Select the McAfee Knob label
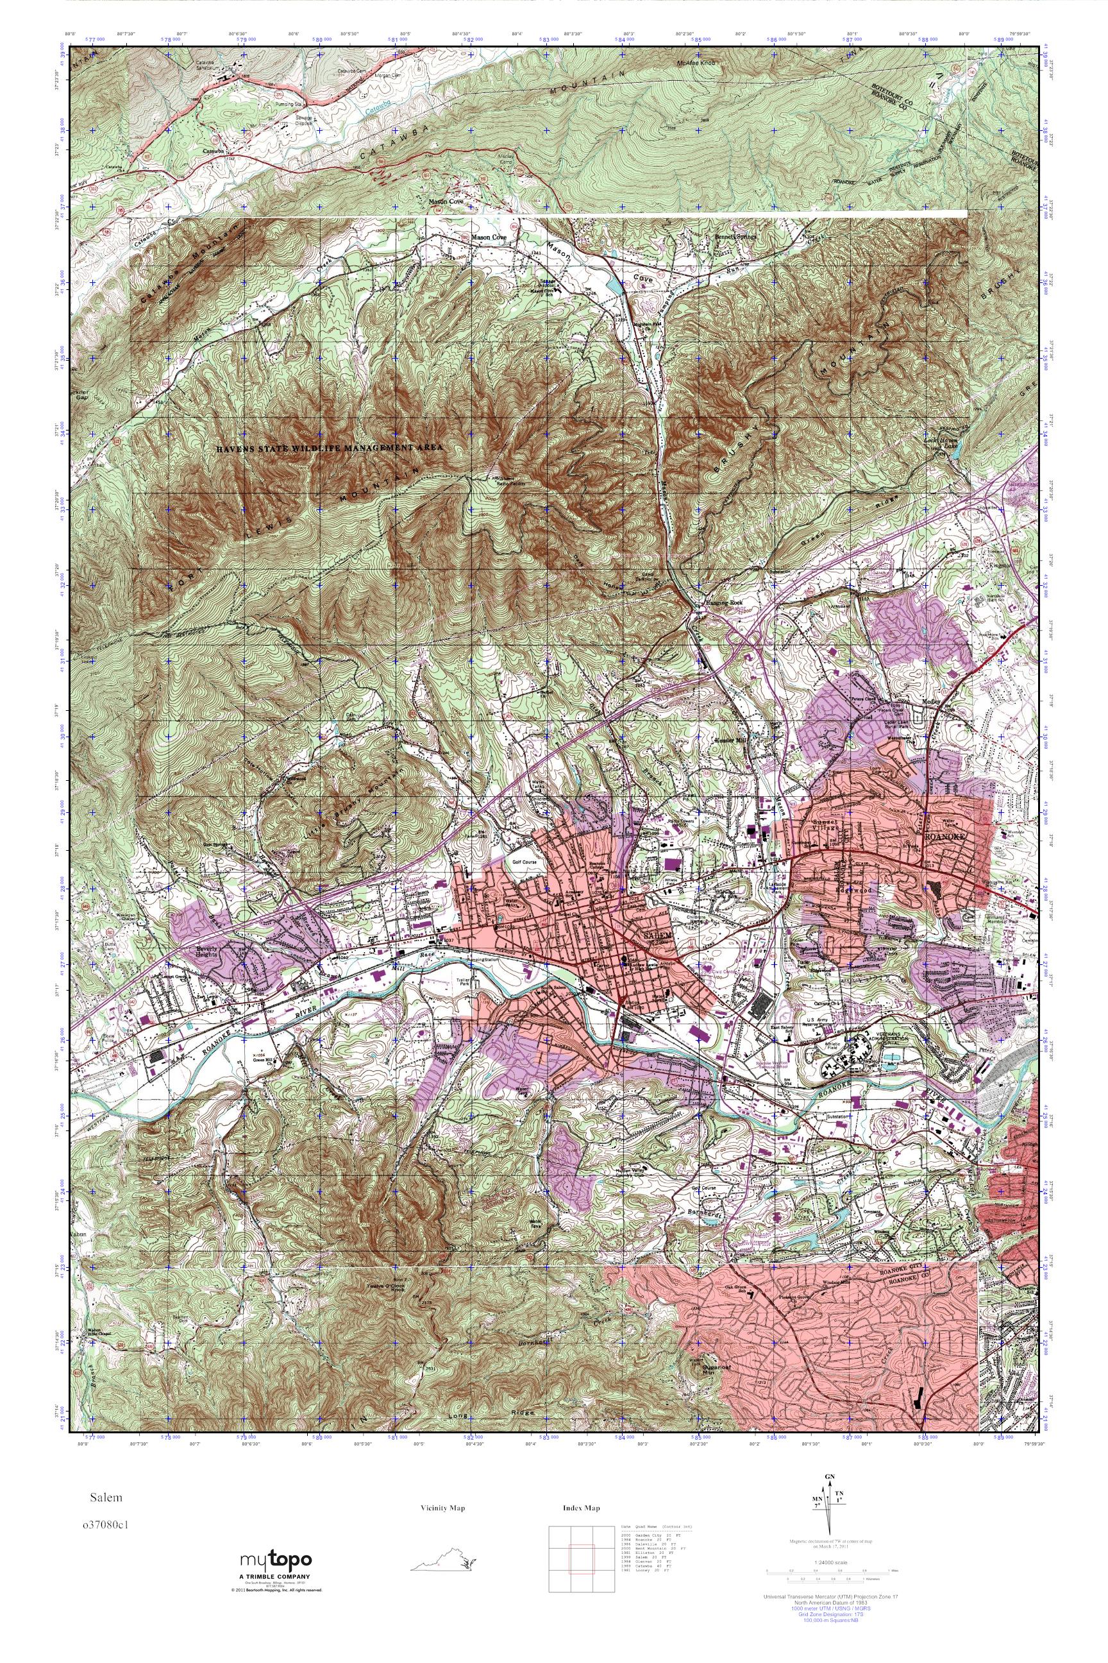pyautogui.click(x=697, y=64)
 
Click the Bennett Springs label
pyautogui.click(x=735, y=236)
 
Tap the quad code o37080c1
pyautogui.click(x=105, y=1518)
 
